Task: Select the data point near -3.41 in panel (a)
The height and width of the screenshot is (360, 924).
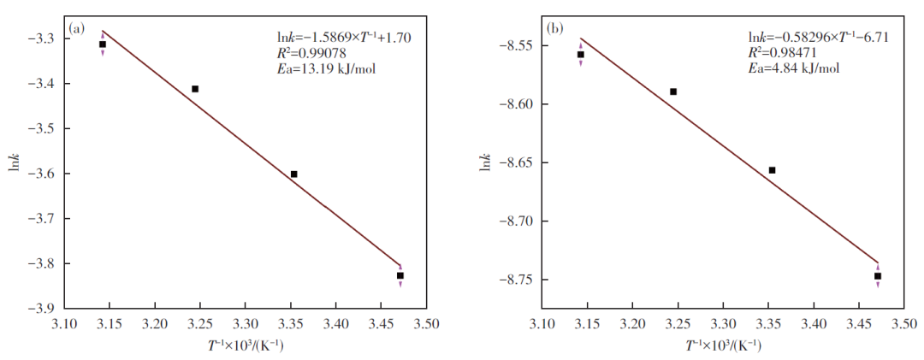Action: click(x=195, y=89)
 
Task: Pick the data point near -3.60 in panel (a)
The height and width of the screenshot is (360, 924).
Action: click(x=293, y=174)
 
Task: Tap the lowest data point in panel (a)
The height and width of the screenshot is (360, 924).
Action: click(x=400, y=275)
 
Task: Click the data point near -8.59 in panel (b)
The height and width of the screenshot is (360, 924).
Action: click(x=673, y=91)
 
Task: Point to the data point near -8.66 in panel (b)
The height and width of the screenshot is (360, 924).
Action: click(x=772, y=170)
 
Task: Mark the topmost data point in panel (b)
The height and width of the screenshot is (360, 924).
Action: click(x=580, y=55)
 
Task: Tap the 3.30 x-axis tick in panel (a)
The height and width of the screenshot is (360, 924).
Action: click(x=245, y=325)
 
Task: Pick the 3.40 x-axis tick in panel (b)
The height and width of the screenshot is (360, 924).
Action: click(x=814, y=325)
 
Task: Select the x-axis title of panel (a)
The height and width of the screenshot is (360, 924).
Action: click(x=246, y=345)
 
